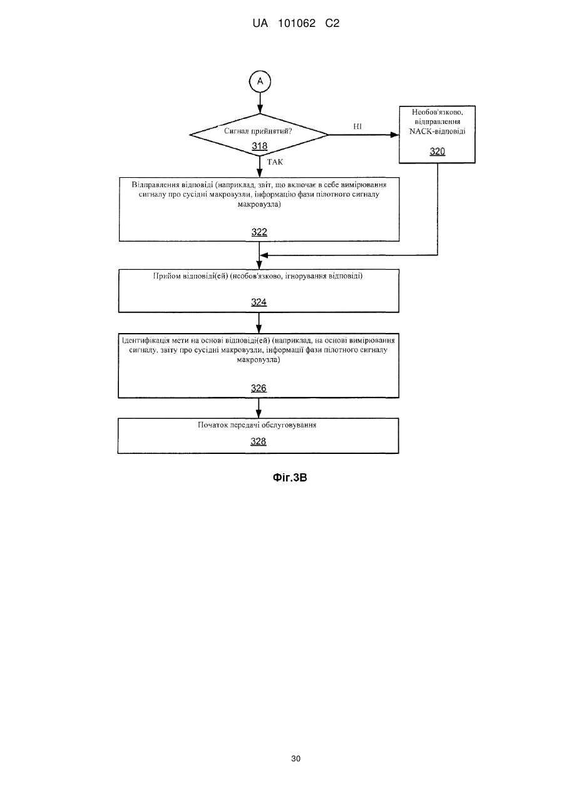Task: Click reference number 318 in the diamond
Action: pos(259,146)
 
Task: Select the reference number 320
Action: pos(438,152)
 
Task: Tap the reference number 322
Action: pos(259,232)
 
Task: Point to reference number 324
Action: pos(259,302)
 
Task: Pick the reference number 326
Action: pos(259,388)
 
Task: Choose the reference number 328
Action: pos(259,441)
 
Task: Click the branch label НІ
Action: pos(357,126)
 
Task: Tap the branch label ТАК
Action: pos(275,162)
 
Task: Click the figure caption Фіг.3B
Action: pos(290,478)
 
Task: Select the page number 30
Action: pos(295,759)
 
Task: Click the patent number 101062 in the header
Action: pos(297,24)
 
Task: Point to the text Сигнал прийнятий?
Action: pos(258,131)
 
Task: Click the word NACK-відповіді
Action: pos(438,131)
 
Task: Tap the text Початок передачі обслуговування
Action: pos(257,425)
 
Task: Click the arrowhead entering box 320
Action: pos(395,135)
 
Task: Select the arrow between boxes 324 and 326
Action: pos(259,323)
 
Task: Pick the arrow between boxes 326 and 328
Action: pos(259,408)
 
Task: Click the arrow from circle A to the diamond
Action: pos(260,103)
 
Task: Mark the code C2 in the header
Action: pos(332,24)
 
